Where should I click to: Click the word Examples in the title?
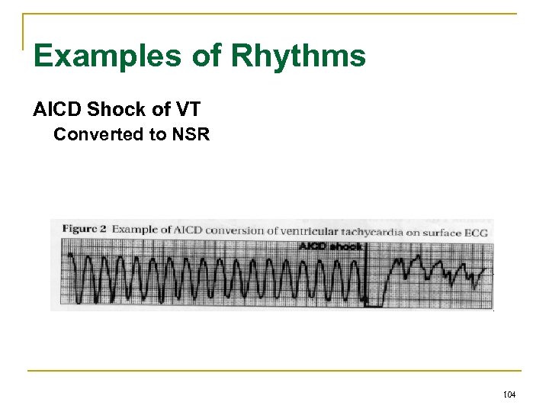pos(98,56)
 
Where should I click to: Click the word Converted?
pos(97,135)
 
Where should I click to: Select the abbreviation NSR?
pos(191,135)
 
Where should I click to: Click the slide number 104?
pos(510,394)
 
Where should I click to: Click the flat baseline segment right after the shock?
pos(374,304)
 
